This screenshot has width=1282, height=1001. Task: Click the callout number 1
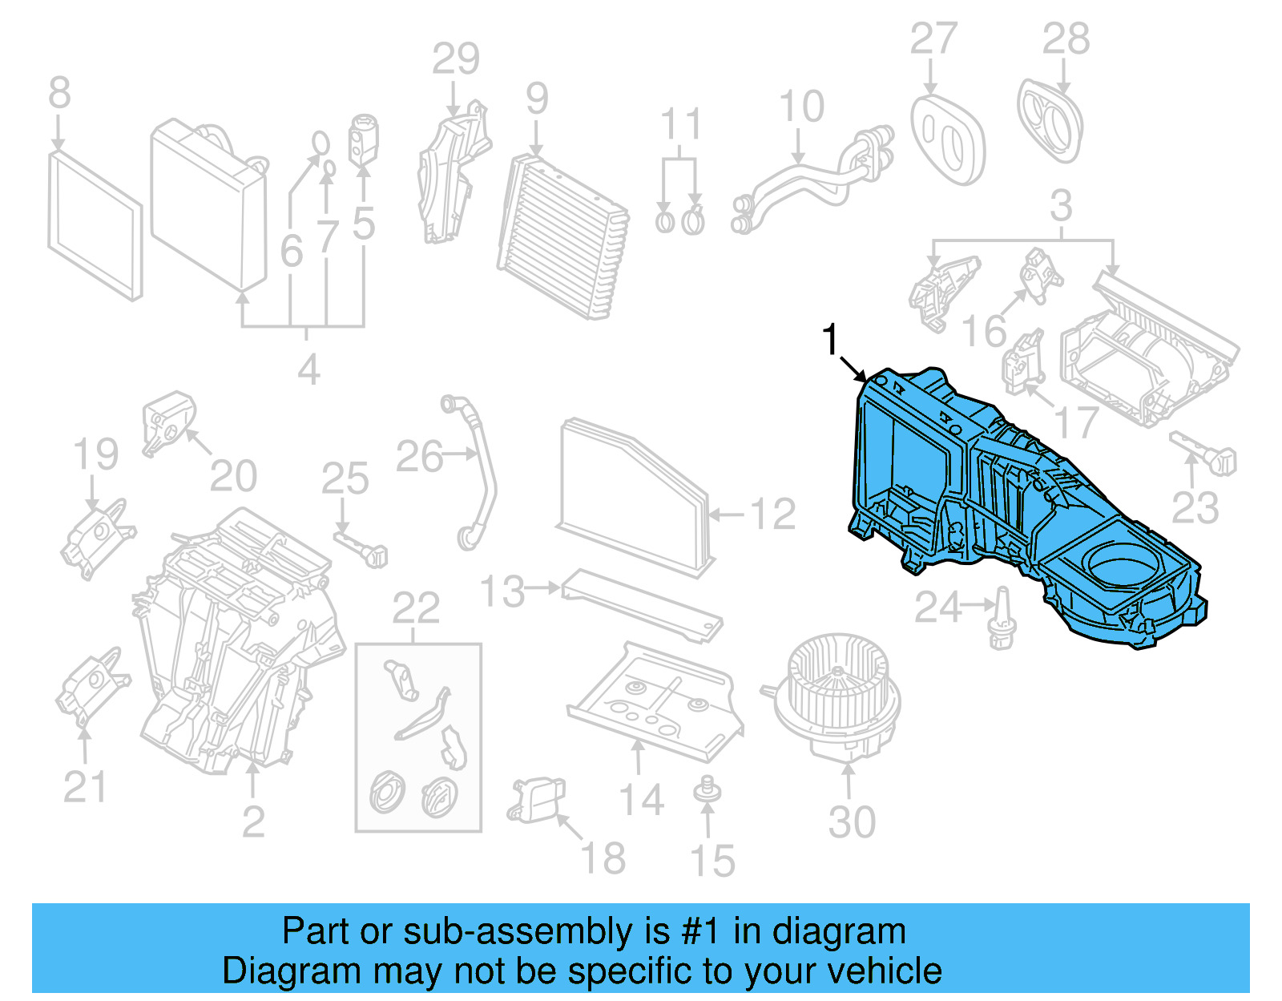[831, 340]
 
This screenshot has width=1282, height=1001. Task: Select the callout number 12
[772, 514]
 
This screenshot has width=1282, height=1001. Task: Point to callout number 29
[456, 59]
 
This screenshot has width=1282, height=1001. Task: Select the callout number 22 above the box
[416, 608]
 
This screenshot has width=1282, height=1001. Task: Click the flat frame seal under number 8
[95, 228]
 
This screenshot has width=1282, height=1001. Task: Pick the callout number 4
[308, 370]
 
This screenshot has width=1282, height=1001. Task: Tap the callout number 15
[712, 861]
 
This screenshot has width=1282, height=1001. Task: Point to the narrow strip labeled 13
[641, 605]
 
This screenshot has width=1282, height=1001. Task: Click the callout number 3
[1061, 206]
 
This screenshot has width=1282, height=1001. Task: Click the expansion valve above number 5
[363, 138]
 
